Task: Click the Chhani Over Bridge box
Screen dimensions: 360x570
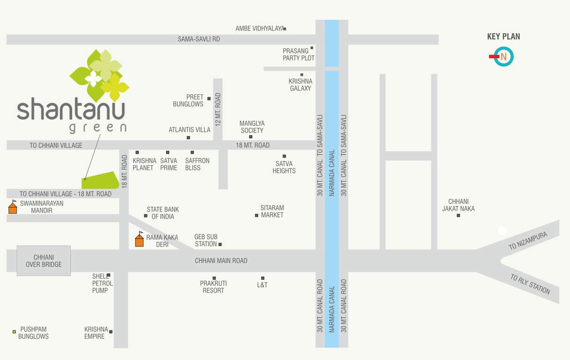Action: click(x=44, y=261)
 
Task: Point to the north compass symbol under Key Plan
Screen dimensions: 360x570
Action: click(x=503, y=57)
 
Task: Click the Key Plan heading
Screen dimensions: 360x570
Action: click(x=503, y=37)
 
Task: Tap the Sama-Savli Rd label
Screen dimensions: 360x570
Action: click(x=199, y=39)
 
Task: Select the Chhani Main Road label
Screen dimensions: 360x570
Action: click(x=221, y=261)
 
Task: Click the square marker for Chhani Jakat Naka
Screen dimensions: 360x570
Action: click(x=458, y=216)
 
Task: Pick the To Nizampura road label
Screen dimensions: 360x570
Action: click(x=528, y=240)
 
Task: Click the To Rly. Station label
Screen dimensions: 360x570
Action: click(x=530, y=284)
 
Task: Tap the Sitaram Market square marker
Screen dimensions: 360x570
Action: click(x=257, y=216)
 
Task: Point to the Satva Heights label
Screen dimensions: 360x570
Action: click(x=284, y=167)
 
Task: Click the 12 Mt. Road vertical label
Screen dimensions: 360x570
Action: click(x=218, y=109)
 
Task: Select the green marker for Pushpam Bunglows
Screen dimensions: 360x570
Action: click(x=14, y=331)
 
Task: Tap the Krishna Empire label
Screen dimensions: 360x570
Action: click(x=96, y=333)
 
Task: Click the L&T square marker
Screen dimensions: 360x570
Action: click(x=263, y=278)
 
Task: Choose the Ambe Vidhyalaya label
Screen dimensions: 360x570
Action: click(x=259, y=29)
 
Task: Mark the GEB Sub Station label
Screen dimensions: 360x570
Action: click(x=206, y=240)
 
